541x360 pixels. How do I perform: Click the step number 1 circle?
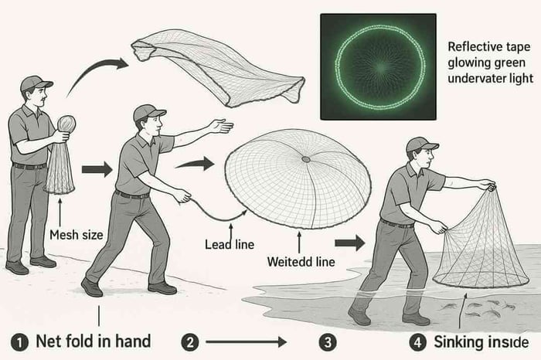(x=18, y=341)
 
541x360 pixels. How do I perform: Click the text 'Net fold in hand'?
(x=93, y=341)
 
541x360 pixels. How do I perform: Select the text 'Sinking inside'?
(x=481, y=341)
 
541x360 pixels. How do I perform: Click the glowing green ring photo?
(x=378, y=67)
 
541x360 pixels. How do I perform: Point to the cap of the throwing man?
(x=148, y=112)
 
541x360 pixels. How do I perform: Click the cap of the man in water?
(x=420, y=144)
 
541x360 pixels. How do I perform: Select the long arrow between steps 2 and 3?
(x=245, y=341)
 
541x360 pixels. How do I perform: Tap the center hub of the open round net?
(x=306, y=159)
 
